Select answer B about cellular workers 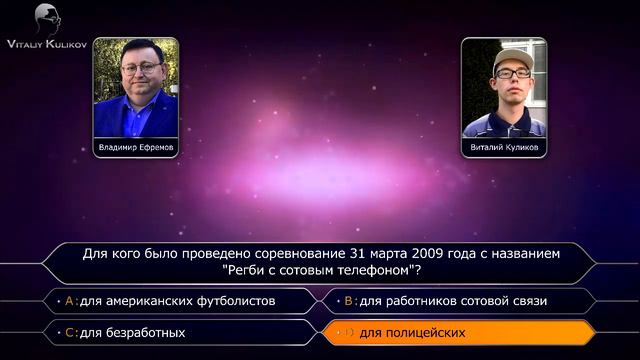click(453, 300)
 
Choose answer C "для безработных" click(133, 331)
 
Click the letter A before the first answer click(70, 300)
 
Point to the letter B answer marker click(349, 300)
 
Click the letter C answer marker click(70, 331)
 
